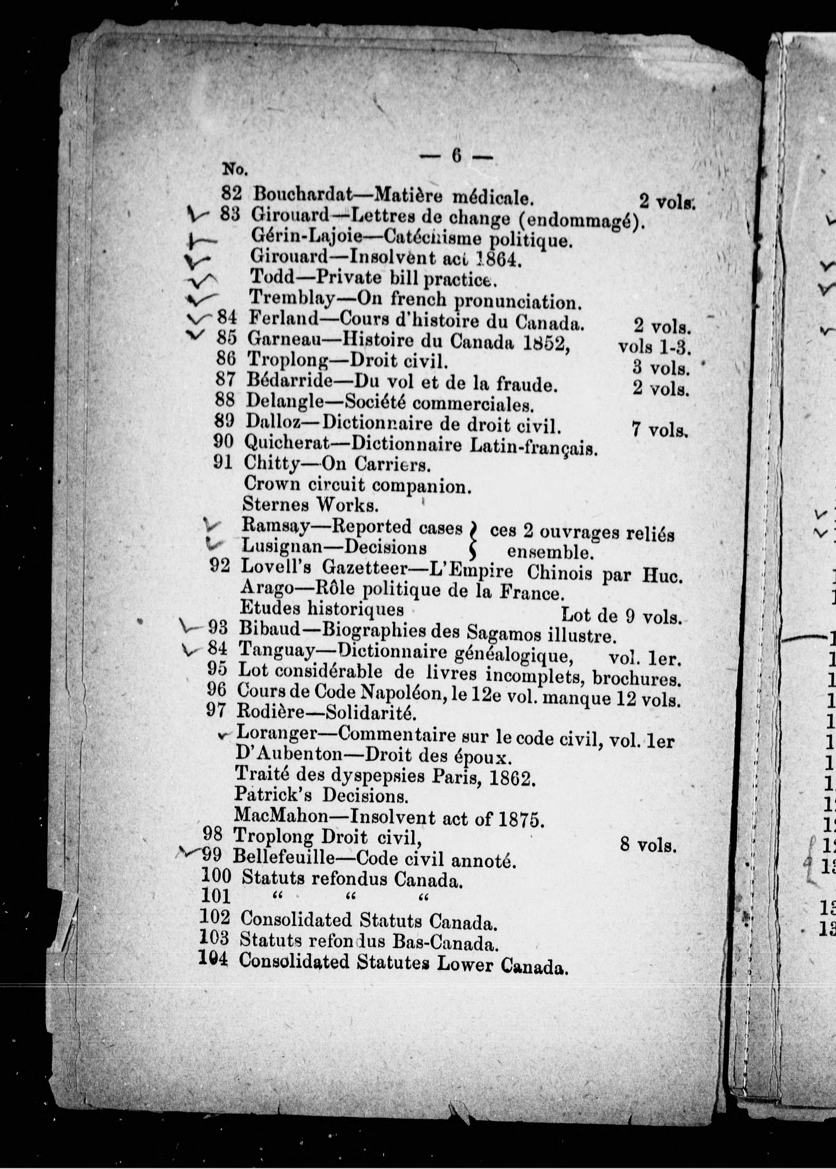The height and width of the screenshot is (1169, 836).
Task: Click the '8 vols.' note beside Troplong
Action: click(648, 845)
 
